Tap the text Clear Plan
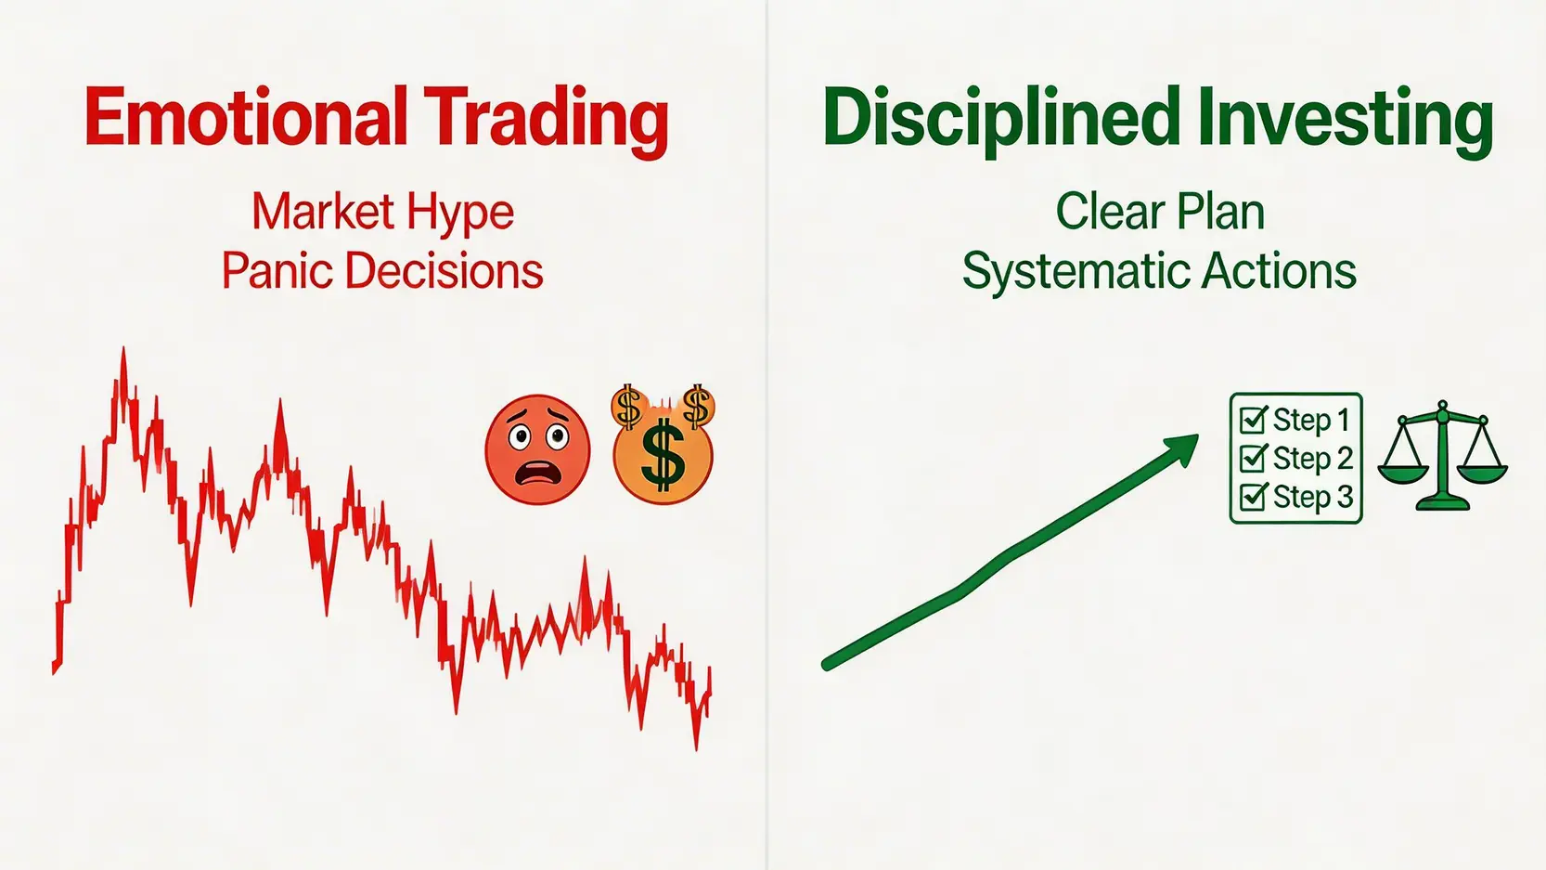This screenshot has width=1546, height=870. pos(1160,212)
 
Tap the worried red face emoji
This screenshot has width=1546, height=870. pos(537,449)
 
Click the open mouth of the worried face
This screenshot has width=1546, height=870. pos(539,475)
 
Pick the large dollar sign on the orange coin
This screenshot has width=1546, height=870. pos(663,457)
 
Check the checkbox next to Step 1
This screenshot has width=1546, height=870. pos(1253,420)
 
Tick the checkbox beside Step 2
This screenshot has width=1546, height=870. pos(1253,458)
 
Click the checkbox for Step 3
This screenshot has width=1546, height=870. pos(1253,497)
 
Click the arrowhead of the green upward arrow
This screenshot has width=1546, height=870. pos(1179,450)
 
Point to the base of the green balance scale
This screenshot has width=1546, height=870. pos(1442,504)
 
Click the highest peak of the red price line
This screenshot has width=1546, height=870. pos(123,349)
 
